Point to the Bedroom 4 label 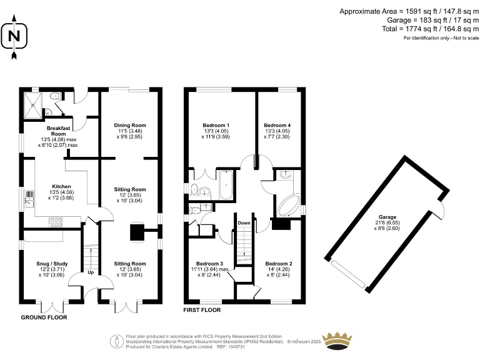pos(276,126)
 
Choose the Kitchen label pos(61,186)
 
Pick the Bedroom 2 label pos(277,264)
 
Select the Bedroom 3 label pos(209,264)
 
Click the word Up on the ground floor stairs pos(91,272)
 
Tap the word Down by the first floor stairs pos(244,222)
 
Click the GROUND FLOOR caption pos(44,317)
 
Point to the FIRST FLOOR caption pos(202,309)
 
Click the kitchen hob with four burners pos(54,220)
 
